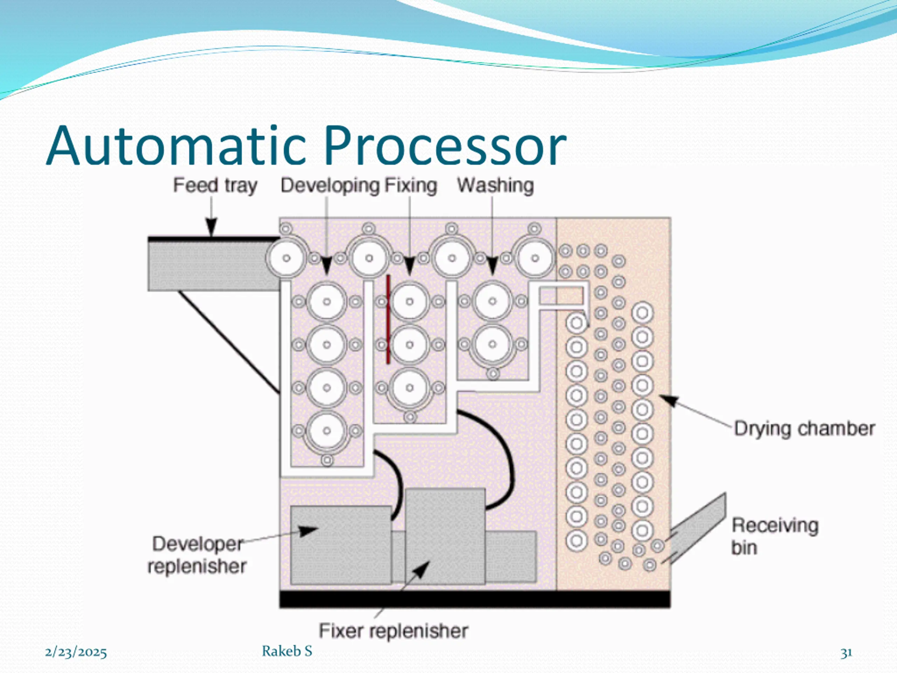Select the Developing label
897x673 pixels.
[330, 186]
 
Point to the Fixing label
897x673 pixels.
[411, 186]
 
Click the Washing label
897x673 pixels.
[495, 186]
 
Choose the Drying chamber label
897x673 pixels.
[804, 429]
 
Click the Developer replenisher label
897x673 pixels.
[197, 555]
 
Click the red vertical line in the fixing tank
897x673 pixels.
[388, 319]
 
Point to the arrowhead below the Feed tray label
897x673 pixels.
[211, 227]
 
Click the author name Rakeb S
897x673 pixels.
[287, 651]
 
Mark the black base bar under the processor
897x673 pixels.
[475, 599]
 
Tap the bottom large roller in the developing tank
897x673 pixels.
[327, 431]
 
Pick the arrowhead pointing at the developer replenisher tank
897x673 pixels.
[308, 531]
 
